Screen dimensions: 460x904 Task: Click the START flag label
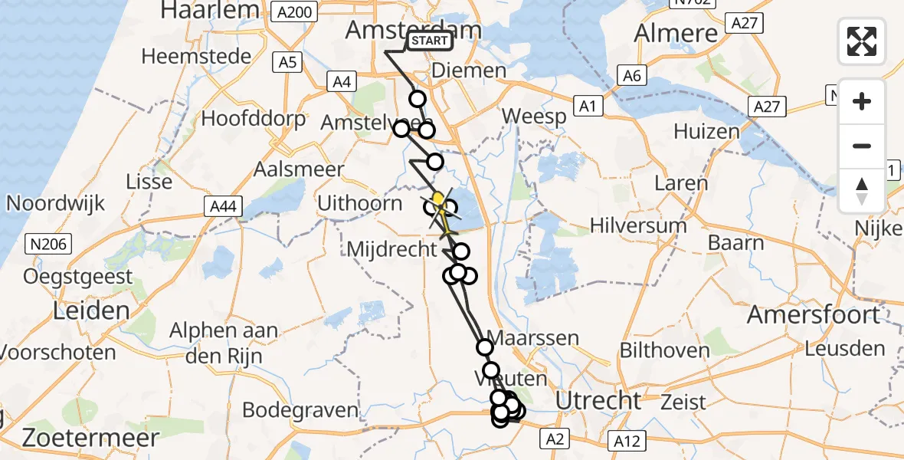(x=429, y=41)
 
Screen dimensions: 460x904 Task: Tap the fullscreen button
(x=862, y=41)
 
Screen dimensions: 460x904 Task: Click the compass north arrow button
(x=862, y=191)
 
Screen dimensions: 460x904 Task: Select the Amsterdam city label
(x=414, y=30)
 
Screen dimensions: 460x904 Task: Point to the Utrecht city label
(x=598, y=400)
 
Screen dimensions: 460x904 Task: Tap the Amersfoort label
(x=814, y=314)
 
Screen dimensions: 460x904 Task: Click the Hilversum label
(x=638, y=226)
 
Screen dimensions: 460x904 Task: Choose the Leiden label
(x=90, y=310)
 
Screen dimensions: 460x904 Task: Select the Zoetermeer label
(x=90, y=438)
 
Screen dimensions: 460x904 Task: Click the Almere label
(x=676, y=33)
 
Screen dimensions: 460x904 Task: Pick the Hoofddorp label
(x=253, y=119)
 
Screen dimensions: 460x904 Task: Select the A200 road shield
(x=295, y=11)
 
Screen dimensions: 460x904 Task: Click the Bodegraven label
(x=300, y=409)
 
